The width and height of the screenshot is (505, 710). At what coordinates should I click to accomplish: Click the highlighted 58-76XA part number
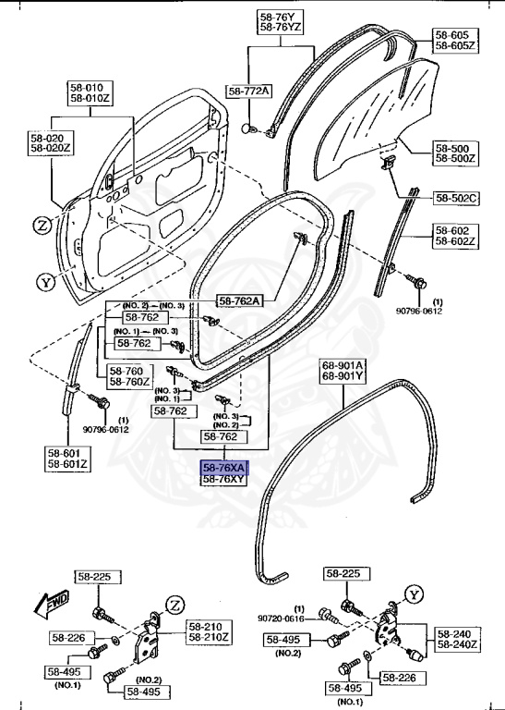[x=224, y=468]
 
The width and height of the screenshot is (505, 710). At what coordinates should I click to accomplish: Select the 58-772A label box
[x=250, y=91]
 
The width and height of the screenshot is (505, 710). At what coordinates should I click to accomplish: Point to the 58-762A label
[x=239, y=300]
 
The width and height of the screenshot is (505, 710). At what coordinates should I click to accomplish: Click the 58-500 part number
[x=453, y=148]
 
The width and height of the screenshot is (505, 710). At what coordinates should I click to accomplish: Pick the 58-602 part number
[x=453, y=230]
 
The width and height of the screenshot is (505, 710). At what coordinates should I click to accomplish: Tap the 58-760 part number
[x=127, y=370]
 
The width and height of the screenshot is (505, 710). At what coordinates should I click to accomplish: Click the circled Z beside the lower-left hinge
[x=173, y=606]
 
